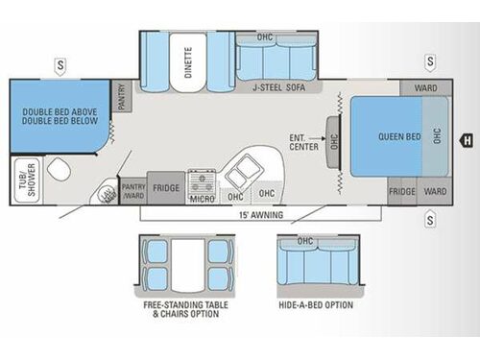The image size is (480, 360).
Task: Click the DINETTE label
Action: pos(188,59)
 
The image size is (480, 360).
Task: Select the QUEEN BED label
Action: pos(399,136)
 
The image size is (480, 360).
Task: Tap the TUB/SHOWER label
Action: pos(24,182)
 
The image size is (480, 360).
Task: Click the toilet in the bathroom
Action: pos(60,173)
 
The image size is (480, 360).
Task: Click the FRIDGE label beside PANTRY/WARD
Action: pos(165,189)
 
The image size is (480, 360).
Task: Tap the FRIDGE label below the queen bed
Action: pos(402,190)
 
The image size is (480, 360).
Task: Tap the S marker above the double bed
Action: pos(60,64)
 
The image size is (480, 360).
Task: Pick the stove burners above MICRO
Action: pos(203,180)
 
